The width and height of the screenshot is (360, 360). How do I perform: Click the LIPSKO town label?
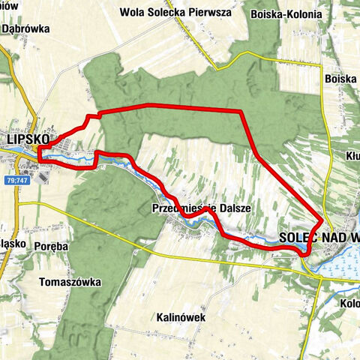(26, 139)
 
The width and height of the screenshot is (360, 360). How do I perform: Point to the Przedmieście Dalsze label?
(200, 207)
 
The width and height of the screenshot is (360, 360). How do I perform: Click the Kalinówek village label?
(181, 317)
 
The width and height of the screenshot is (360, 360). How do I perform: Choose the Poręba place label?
(52, 244)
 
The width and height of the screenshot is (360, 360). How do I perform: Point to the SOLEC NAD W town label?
(319, 237)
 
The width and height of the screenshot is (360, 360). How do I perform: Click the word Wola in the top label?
(133, 12)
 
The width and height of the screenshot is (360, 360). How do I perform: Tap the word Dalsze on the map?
(232, 207)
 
